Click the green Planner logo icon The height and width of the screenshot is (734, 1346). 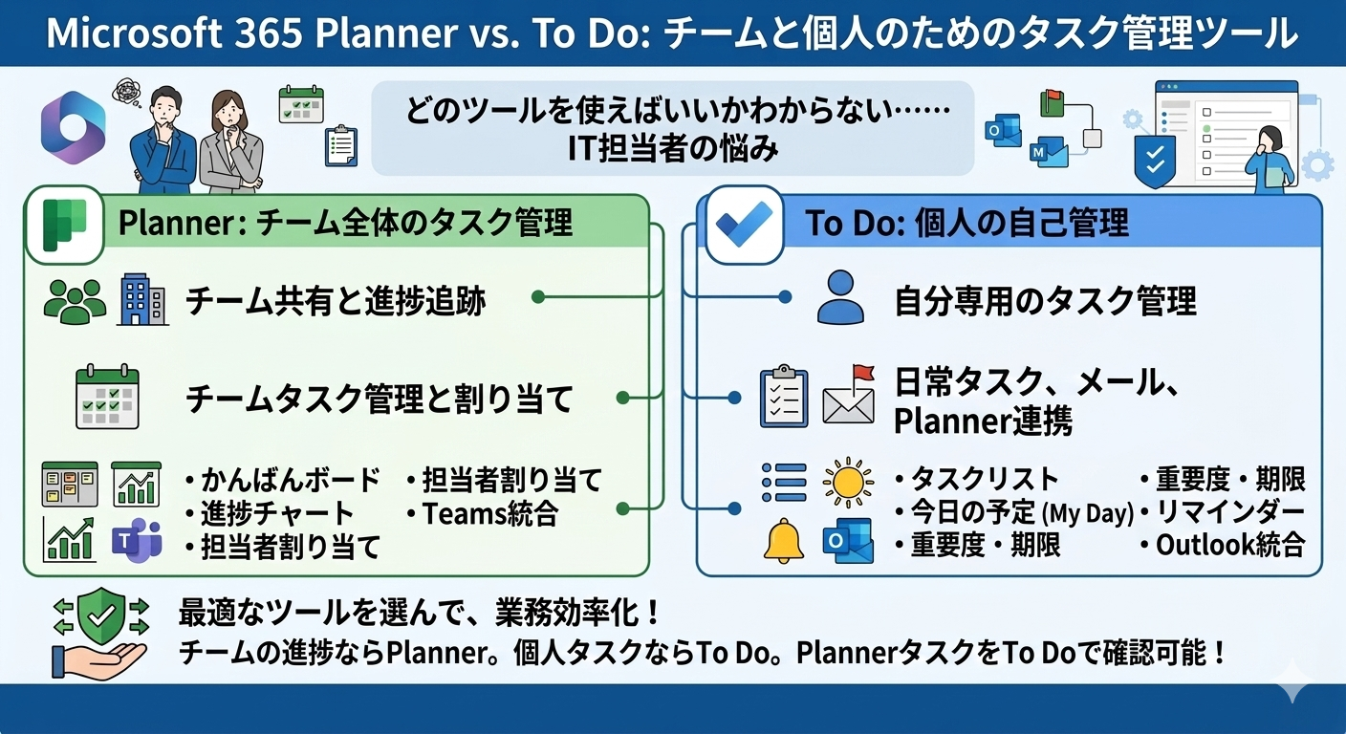64,224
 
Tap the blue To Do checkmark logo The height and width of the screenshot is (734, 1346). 744,224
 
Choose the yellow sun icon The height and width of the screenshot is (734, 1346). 847,481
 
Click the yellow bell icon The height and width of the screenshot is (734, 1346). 783,541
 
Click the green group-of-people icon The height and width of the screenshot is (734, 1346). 76,301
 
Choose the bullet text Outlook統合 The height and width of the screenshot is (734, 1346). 1228,545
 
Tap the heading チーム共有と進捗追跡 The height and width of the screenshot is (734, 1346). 336,301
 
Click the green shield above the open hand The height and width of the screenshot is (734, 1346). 99,616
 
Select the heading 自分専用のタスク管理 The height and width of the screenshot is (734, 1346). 1045,301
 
